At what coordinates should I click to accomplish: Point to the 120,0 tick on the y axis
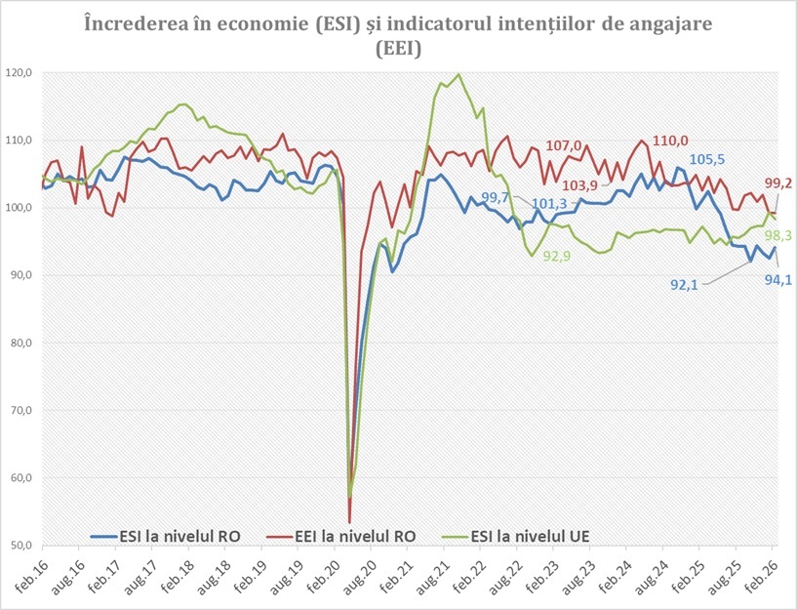pyautogui.click(x=20, y=73)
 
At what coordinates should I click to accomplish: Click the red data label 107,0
pyautogui.click(x=564, y=146)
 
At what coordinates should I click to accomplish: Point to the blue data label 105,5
pyautogui.click(x=709, y=160)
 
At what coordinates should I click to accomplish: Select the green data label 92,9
pyautogui.click(x=557, y=257)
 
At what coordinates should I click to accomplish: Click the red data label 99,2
pyautogui.click(x=778, y=183)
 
